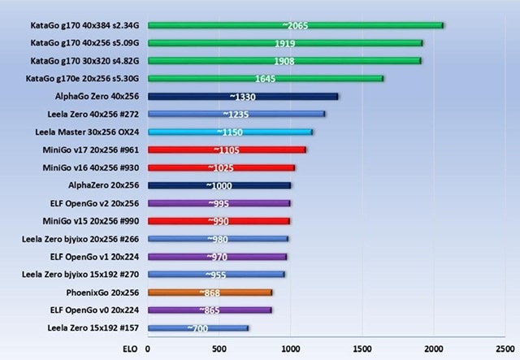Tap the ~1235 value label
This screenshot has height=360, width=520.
click(x=236, y=114)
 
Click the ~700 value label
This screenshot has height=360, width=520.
click(x=197, y=327)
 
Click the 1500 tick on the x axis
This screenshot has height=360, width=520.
click(x=362, y=349)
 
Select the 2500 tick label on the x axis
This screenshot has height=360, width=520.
click(x=504, y=349)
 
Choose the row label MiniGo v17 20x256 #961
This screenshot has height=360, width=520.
click(x=89, y=150)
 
